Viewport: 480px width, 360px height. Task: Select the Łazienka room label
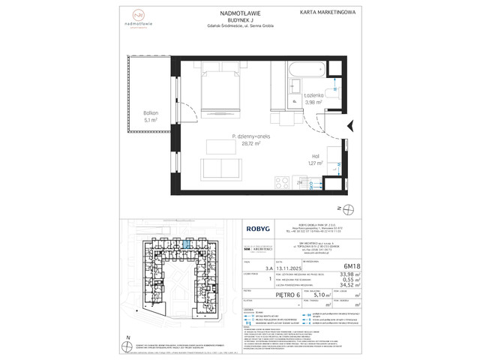click(314, 96)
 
